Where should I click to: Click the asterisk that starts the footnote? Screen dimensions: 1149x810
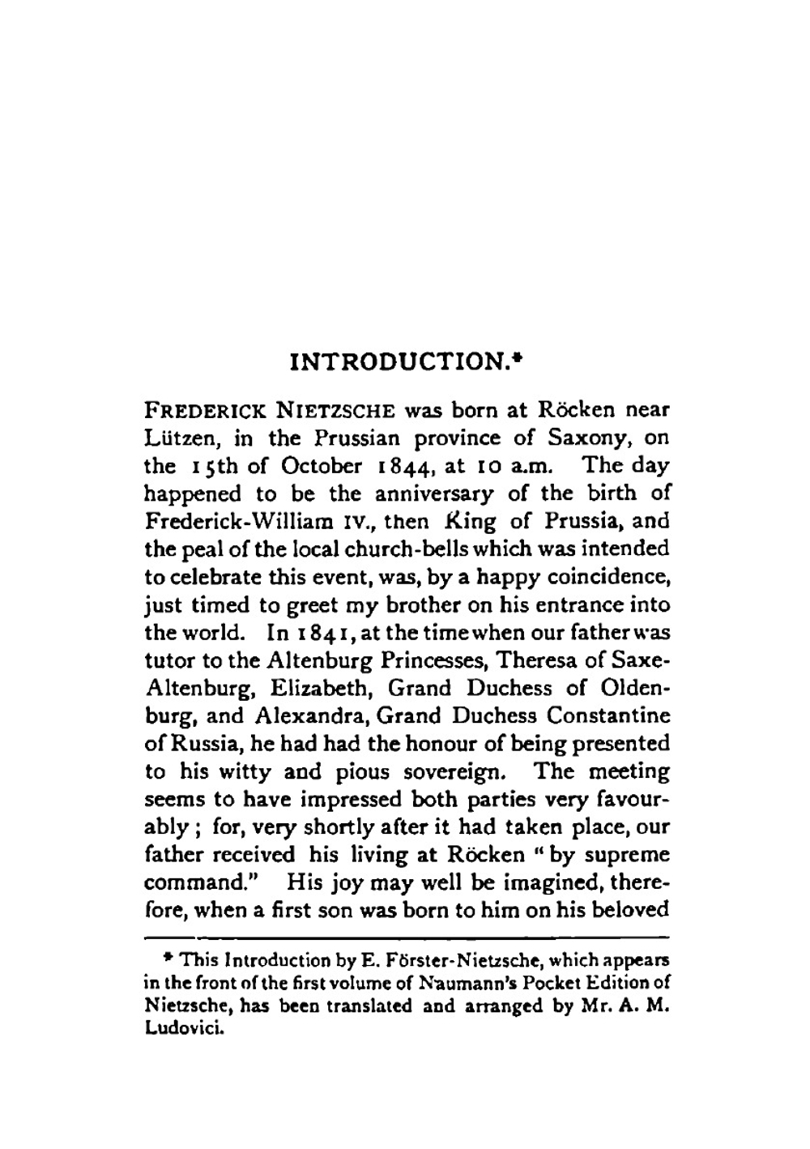(168, 957)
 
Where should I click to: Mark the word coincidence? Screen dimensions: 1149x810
(607, 577)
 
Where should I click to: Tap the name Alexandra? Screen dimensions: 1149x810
(313, 715)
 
